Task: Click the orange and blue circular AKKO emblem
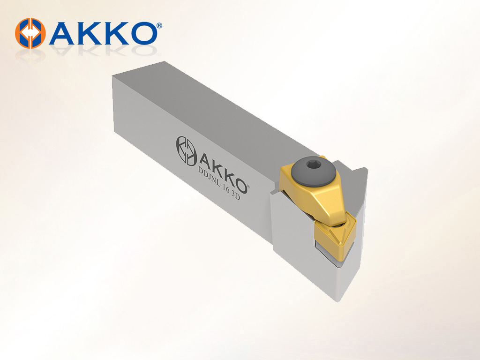coord(30,33)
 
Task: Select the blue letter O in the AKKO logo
coord(141,33)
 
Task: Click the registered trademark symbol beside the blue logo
coord(159,25)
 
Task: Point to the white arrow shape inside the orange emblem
coord(30,33)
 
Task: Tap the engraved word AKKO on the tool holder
coord(224,172)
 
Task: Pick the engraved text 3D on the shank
coord(236,195)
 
